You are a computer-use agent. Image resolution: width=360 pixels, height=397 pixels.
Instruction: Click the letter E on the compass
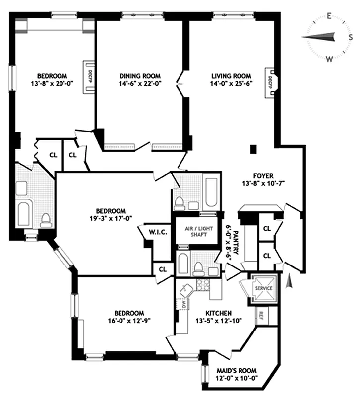329,17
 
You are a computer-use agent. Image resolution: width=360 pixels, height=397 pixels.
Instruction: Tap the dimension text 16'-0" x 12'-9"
129,321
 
